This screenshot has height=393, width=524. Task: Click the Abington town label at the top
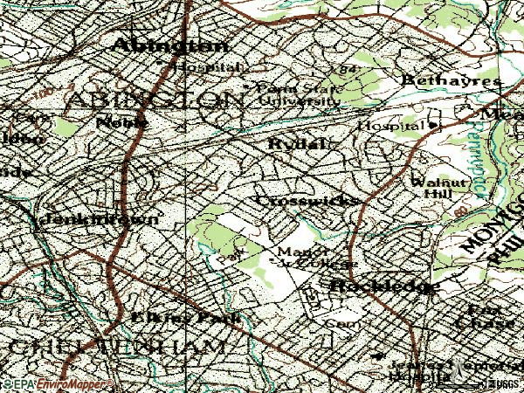click(x=171, y=45)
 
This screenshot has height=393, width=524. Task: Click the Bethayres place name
click(x=452, y=80)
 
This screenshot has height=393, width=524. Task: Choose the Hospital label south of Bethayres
click(x=390, y=126)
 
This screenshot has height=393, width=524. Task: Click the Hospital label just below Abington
click(x=207, y=66)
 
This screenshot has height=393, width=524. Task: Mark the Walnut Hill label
click(x=431, y=187)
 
